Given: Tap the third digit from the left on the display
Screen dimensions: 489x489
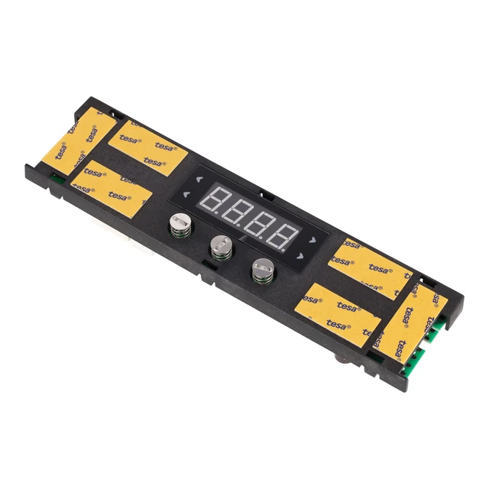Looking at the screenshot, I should point(261,224).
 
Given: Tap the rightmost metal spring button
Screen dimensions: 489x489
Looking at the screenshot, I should point(261,268).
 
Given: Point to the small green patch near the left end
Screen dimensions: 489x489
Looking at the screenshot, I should point(56,182).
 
